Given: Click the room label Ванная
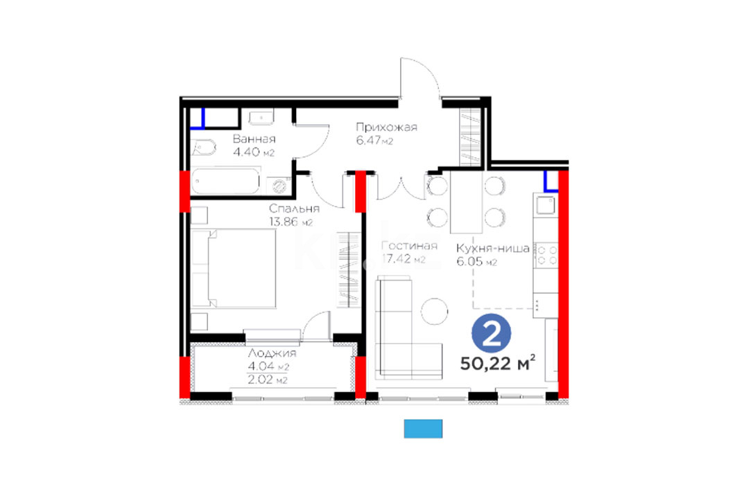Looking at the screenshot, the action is [x=254, y=139].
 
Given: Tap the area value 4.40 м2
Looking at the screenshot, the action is [x=254, y=152].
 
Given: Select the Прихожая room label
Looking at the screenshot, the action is [x=386, y=127].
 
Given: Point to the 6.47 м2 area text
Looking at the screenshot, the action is [x=374, y=141].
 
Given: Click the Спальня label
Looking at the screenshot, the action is [x=294, y=208].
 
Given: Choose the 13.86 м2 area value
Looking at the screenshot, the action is [x=291, y=222].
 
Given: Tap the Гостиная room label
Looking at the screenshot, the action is [x=409, y=245].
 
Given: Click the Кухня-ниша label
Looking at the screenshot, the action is [x=493, y=249].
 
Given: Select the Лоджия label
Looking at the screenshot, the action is [x=272, y=353].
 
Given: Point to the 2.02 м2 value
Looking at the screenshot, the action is [x=268, y=380].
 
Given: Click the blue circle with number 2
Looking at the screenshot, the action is [x=491, y=333].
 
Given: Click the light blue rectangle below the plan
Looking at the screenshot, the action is [x=423, y=429].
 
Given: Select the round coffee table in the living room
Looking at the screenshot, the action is [x=434, y=311].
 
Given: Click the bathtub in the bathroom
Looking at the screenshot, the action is [x=225, y=181].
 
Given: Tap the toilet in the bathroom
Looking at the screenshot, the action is [x=204, y=148].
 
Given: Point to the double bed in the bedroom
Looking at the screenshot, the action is [x=234, y=269].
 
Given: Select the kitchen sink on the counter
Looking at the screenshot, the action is [x=546, y=205].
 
